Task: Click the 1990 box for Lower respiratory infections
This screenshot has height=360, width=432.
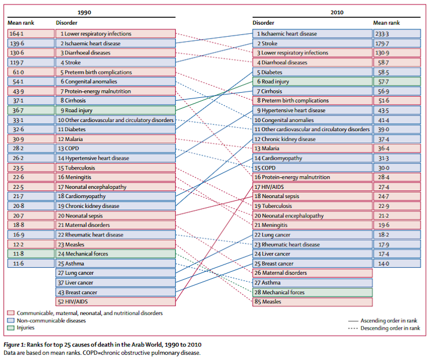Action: pyautogui.click(x=116, y=34)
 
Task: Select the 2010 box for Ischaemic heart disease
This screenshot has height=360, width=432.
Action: pyautogui.click(x=312, y=34)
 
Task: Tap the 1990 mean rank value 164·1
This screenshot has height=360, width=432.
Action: pyautogui.click(x=17, y=34)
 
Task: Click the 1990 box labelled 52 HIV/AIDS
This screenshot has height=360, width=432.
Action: pyautogui.click(x=116, y=302)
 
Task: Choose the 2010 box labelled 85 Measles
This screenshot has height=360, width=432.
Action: pyautogui.click(x=312, y=302)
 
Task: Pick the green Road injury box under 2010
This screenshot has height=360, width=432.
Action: pyautogui.click(x=312, y=81)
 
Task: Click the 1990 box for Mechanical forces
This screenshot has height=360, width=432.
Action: pyautogui.click(x=116, y=254)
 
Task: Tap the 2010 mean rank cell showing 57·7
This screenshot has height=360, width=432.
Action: pyautogui.click(x=397, y=81)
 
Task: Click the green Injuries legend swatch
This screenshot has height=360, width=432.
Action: pyautogui.click(x=11, y=328)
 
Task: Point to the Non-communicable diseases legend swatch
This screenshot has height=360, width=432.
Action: pyautogui.click(x=11, y=321)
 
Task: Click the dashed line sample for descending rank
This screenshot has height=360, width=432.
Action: pyautogui.click(x=353, y=328)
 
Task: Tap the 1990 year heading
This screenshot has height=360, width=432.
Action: pyautogui.click(x=84, y=13)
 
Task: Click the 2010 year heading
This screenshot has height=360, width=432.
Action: pyautogui.click(x=337, y=13)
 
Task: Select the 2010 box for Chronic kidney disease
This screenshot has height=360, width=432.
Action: pyautogui.click(x=312, y=139)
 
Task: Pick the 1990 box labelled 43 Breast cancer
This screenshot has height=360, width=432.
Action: pyautogui.click(x=116, y=292)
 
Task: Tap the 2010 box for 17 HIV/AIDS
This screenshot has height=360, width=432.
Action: pyautogui.click(x=312, y=187)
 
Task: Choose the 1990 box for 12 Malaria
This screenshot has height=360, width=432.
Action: pyautogui.click(x=116, y=139)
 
